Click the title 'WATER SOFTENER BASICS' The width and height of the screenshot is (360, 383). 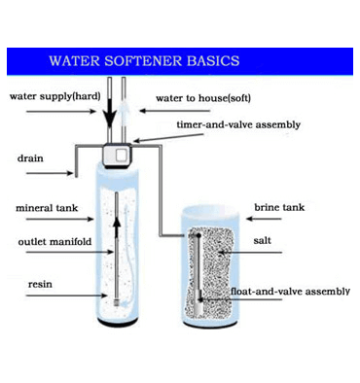(144, 61)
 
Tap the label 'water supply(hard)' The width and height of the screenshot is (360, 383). (55, 96)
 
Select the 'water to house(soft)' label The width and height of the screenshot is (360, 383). (203, 98)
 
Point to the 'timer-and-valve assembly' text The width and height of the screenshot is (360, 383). (238, 124)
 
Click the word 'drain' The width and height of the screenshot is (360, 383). (30, 158)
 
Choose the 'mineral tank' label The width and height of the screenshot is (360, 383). (47, 208)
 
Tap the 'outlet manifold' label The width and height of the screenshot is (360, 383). (54, 242)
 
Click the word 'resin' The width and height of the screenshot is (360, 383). (40, 284)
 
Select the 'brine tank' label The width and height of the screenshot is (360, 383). (279, 207)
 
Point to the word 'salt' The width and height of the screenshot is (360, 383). (262, 240)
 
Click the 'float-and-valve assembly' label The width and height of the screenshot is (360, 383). (290, 292)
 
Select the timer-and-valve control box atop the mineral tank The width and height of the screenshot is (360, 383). (118, 156)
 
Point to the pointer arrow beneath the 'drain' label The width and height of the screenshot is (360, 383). (50, 173)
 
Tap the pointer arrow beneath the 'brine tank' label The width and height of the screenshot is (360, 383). (264, 219)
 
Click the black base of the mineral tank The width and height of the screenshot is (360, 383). (118, 322)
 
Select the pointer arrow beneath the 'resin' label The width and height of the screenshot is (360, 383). (67, 296)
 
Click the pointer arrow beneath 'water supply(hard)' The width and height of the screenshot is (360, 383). (61, 112)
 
